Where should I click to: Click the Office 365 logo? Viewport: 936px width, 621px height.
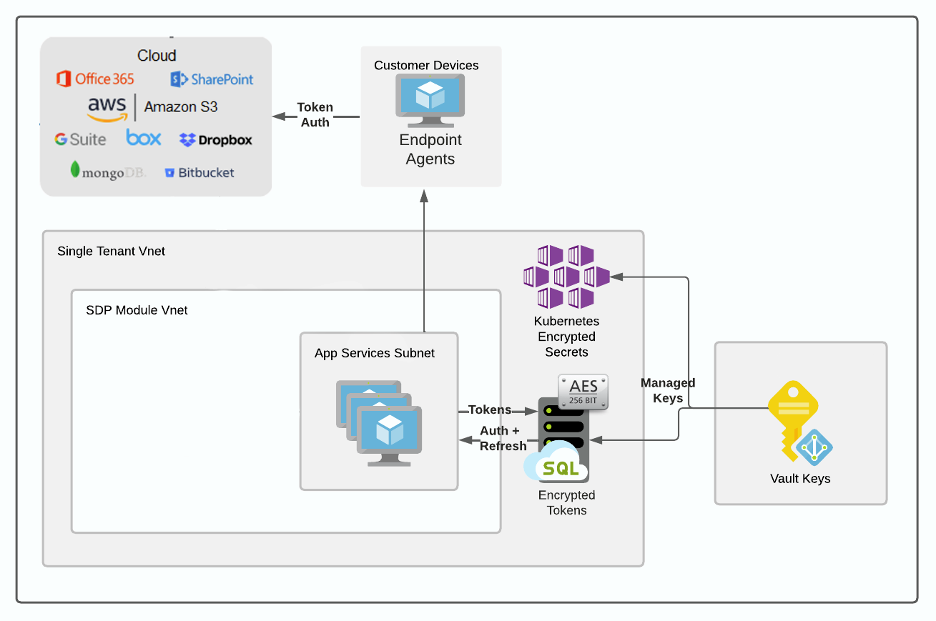(95, 79)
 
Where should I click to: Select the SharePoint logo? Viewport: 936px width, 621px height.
(212, 79)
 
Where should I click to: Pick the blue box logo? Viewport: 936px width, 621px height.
(143, 137)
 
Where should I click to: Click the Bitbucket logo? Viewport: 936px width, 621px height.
(199, 173)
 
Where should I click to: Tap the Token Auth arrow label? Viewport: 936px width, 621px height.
(315, 115)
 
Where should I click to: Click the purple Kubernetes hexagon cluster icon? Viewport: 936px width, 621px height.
(566, 276)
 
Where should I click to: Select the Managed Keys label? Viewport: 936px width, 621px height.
(668, 390)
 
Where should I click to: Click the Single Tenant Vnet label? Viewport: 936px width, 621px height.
(111, 251)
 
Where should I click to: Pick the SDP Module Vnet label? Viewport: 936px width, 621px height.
(136, 310)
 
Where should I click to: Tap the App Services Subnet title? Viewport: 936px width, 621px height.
(374, 353)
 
